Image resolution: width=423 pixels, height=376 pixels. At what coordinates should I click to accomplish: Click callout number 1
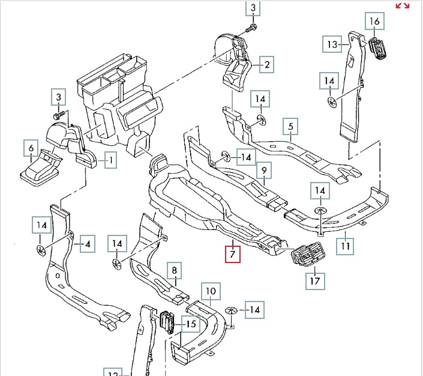(111, 160)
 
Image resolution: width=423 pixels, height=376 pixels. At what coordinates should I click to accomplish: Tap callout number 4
(88, 244)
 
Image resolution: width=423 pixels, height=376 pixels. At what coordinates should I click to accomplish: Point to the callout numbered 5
(290, 127)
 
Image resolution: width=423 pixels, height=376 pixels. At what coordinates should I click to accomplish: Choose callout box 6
(31, 148)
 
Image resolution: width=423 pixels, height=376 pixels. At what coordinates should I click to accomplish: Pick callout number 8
(174, 271)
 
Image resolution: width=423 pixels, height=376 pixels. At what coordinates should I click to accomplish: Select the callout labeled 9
(263, 172)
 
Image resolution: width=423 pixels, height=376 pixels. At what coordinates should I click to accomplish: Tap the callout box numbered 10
(210, 293)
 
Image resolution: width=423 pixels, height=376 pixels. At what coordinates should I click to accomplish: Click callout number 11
(345, 246)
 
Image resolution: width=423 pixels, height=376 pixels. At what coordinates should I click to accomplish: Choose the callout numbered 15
(191, 325)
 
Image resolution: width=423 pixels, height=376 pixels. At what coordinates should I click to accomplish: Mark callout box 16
(374, 22)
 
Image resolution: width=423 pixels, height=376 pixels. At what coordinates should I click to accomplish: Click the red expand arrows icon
(402, 6)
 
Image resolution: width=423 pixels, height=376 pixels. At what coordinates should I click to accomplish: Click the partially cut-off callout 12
(112, 372)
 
